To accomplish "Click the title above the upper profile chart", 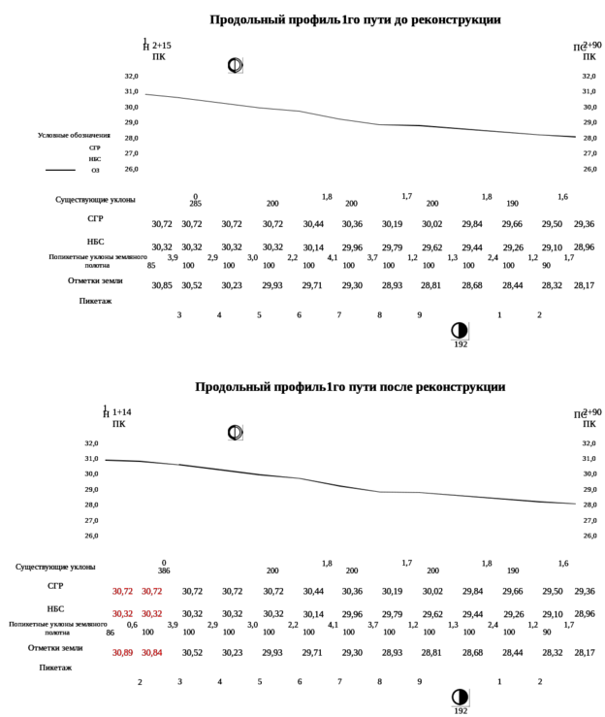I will click(357, 19).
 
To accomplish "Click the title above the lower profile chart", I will click(351, 387).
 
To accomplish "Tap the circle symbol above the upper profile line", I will click(234, 65).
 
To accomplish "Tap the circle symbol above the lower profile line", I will click(234, 432).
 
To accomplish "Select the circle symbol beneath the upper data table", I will click(459, 331).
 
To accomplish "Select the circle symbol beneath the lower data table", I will click(459, 698).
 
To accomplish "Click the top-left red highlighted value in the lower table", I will click(122, 591).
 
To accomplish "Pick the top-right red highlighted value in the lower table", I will click(153, 591).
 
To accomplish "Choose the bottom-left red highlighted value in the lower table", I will click(122, 652).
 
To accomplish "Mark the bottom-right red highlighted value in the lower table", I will click(153, 652).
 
